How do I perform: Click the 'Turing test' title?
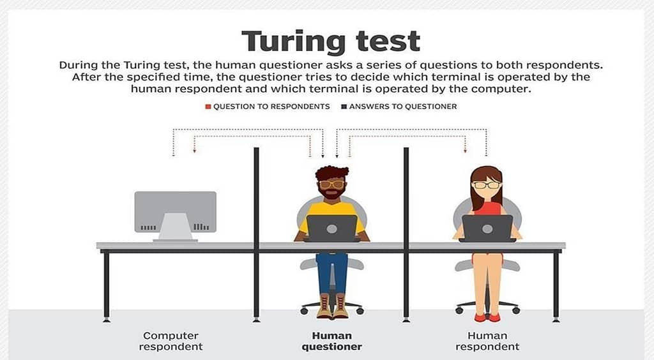click(x=331, y=41)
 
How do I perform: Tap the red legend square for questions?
click(x=208, y=107)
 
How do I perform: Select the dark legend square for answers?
click(x=344, y=107)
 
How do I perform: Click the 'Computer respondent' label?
click(x=171, y=341)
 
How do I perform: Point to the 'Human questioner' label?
click(x=332, y=341)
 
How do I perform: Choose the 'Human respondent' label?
click(x=487, y=341)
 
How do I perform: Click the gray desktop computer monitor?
click(x=175, y=212)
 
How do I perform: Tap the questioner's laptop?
click(x=332, y=228)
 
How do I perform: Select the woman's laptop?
click(x=487, y=228)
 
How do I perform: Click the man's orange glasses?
click(x=332, y=184)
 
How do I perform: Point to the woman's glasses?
click(x=486, y=184)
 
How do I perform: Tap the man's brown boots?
click(x=332, y=306)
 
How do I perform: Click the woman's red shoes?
click(x=487, y=317)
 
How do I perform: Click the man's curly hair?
click(x=331, y=172)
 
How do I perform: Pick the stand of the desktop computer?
click(x=175, y=227)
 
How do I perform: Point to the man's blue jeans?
click(x=332, y=273)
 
